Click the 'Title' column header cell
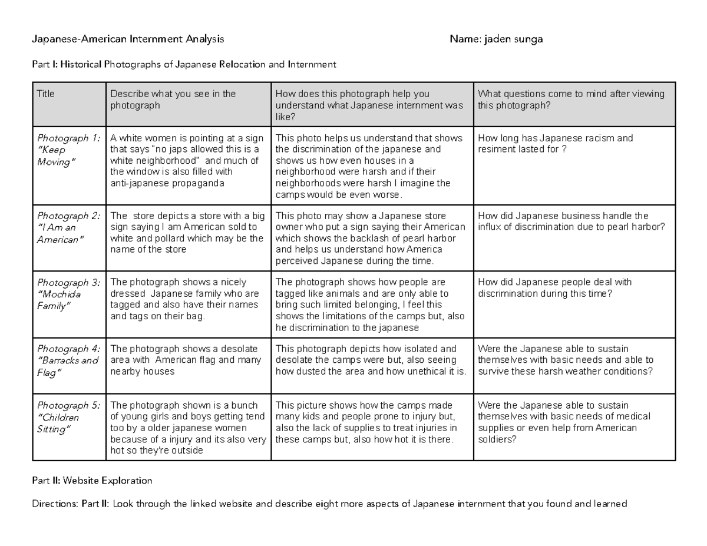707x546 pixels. [45, 94]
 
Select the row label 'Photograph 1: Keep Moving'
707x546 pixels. [68, 150]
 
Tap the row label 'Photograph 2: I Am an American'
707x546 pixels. [68, 227]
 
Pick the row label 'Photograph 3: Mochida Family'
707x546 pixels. [68, 294]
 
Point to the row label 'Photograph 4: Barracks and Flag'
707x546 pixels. [68, 360]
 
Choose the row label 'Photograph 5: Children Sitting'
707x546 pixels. [68, 417]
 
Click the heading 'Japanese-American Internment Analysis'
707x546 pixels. [128, 39]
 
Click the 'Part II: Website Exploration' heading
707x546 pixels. [92, 481]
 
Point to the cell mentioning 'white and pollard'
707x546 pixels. [187, 233]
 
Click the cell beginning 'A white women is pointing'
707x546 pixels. [187, 161]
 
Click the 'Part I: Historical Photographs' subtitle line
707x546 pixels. [184, 64]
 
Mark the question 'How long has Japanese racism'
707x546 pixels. [555, 144]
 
